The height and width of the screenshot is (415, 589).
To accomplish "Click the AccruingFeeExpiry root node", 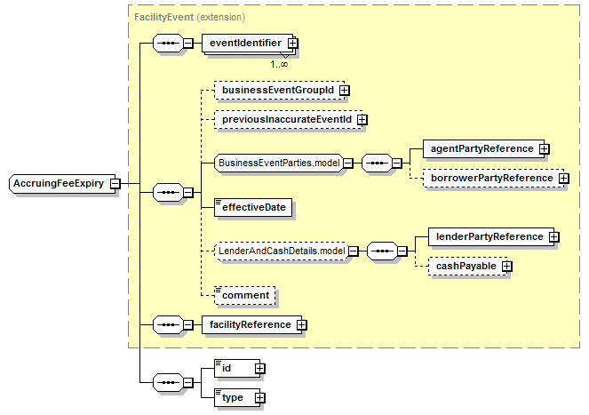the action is click(x=62, y=184).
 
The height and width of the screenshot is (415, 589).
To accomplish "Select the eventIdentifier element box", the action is click(x=247, y=44).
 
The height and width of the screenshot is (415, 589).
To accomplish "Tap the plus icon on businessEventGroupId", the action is click(x=344, y=91).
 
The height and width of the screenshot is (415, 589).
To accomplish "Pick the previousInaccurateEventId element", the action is click(x=289, y=120).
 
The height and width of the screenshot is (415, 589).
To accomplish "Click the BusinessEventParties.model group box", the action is click(x=279, y=164).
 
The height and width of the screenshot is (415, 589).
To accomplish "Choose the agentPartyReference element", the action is click(x=483, y=149).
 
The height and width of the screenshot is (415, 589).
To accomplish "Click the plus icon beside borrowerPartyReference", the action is click(x=563, y=179).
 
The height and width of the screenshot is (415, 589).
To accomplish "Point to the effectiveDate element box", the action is click(x=253, y=208).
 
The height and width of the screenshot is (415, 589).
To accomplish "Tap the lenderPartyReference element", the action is click(x=491, y=236).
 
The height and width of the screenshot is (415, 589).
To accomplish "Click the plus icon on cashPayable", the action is click(x=507, y=267).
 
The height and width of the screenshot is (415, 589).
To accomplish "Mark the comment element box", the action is click(x=245, y=295).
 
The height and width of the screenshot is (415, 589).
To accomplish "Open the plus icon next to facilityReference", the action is click(x=302, y=325).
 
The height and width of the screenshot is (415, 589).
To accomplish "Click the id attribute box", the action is click(x=237, y=369).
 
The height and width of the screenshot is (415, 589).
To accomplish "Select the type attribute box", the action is click(x=237, y=398).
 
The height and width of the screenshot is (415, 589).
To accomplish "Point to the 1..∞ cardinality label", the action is click(x=279, y=64).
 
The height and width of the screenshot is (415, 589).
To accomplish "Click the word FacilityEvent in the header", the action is click(x=163, y=17).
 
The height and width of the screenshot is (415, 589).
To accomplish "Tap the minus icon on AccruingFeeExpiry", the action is click(x=115, y=184).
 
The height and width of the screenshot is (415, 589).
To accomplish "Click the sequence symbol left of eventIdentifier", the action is click(x=168, y=44).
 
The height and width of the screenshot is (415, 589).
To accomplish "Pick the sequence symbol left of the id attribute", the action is click(x=168, y=383).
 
